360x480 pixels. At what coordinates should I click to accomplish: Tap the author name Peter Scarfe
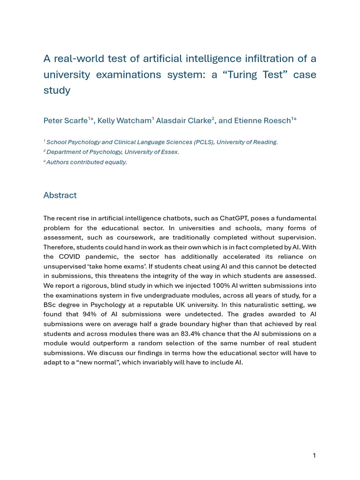pos(66,120)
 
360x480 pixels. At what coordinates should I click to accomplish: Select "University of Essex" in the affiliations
pos(151,152)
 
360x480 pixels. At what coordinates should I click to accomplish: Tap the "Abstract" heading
pos(60,195)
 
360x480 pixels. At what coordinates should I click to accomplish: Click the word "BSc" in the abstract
pos(50,305)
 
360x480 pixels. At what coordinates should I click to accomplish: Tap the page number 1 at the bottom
pos(314,455)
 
